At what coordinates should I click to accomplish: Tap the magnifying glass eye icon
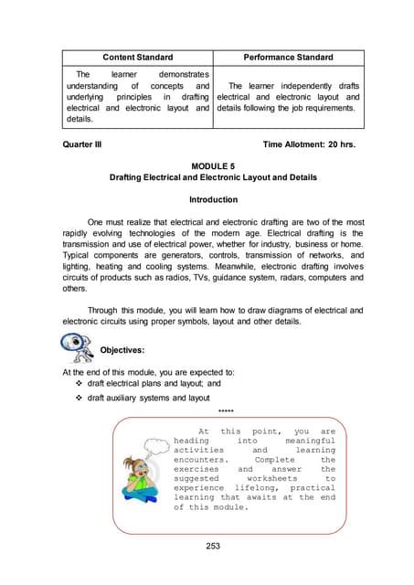74,347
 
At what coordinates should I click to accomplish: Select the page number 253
207,545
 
